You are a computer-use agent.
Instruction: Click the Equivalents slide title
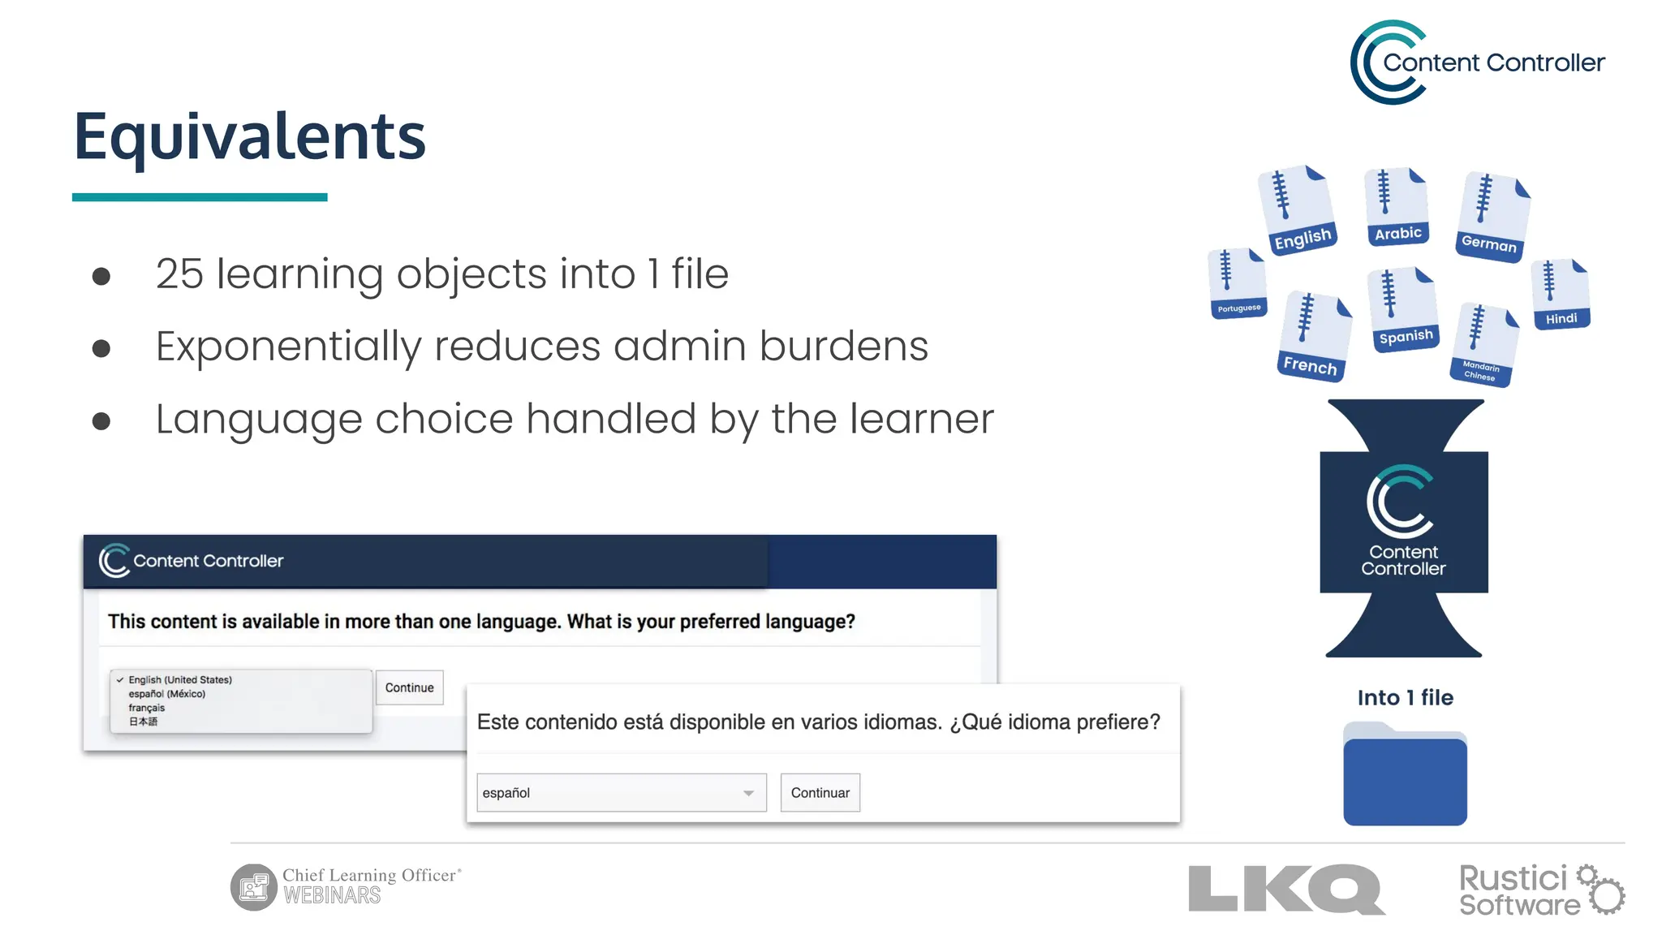click(249, 136)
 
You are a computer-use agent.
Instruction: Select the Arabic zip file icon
click(1397, 207)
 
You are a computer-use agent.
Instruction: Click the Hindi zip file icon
click(1561, 294)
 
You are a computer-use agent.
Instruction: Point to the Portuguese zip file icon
click(1237, 283)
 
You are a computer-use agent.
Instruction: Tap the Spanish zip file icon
click(1403, 309)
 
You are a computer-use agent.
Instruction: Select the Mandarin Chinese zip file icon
click(1484, 345)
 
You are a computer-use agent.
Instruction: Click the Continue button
click(409, 687)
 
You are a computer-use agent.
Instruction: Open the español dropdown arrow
click(748, 793)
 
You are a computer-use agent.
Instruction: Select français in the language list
click(147, 708)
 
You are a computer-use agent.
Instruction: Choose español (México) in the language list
click(166, 694)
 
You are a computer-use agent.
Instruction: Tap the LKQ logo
click(1286, 889)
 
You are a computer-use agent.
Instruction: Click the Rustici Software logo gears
click(1601, 890)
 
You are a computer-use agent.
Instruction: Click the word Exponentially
click(288, 347)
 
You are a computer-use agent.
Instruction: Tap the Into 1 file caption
click(1405, 697)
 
